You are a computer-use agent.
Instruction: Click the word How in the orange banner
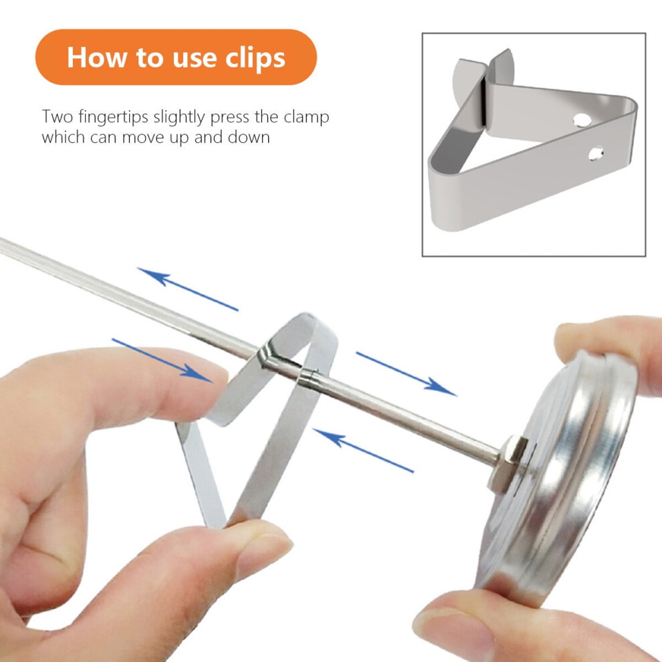point(97,57)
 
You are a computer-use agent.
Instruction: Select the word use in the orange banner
point(194,59)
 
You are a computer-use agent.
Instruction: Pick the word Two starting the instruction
point(58,116)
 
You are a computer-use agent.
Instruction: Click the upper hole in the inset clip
point(581,121)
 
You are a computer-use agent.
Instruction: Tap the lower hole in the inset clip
point(596,154)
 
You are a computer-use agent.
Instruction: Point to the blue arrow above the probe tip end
point(187,289)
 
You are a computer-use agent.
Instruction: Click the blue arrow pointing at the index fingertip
point(161,360)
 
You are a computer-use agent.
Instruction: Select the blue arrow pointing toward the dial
point(406,374)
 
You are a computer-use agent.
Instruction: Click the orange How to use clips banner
point(176,57)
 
